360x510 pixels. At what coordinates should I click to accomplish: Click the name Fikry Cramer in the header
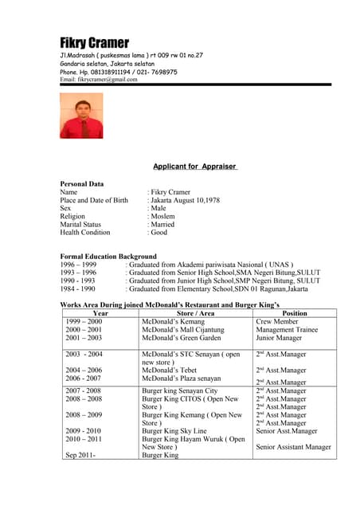click(x=94, y=42)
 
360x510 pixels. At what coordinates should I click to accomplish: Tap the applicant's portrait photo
click(x=81, y=116)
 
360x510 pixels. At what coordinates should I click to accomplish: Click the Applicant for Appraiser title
click(x=195, y=167)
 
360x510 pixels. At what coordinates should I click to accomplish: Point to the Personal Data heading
click(x=82, y=184)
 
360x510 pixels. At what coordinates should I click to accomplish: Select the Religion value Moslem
click(x=164, y=216)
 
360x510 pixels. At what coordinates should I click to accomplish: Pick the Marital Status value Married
click(x=163, y=225)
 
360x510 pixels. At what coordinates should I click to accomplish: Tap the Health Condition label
click(x=85, y=233)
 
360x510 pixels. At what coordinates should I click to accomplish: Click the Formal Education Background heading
click(x=108, y=257)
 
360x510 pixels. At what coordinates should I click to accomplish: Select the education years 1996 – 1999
click(x=79, y=265)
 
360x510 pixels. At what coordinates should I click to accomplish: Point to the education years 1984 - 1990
click(x=78, y=289)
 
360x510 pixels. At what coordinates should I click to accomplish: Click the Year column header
click(x=100, y=313)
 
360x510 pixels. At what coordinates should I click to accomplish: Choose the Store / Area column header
click(x=194, y=313)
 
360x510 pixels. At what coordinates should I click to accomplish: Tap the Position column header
click(x=295, y=313)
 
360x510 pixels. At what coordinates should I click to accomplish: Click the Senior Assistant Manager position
click(x=293, y=447)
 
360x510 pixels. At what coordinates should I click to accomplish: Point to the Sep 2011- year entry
click(x=80, y=455)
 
